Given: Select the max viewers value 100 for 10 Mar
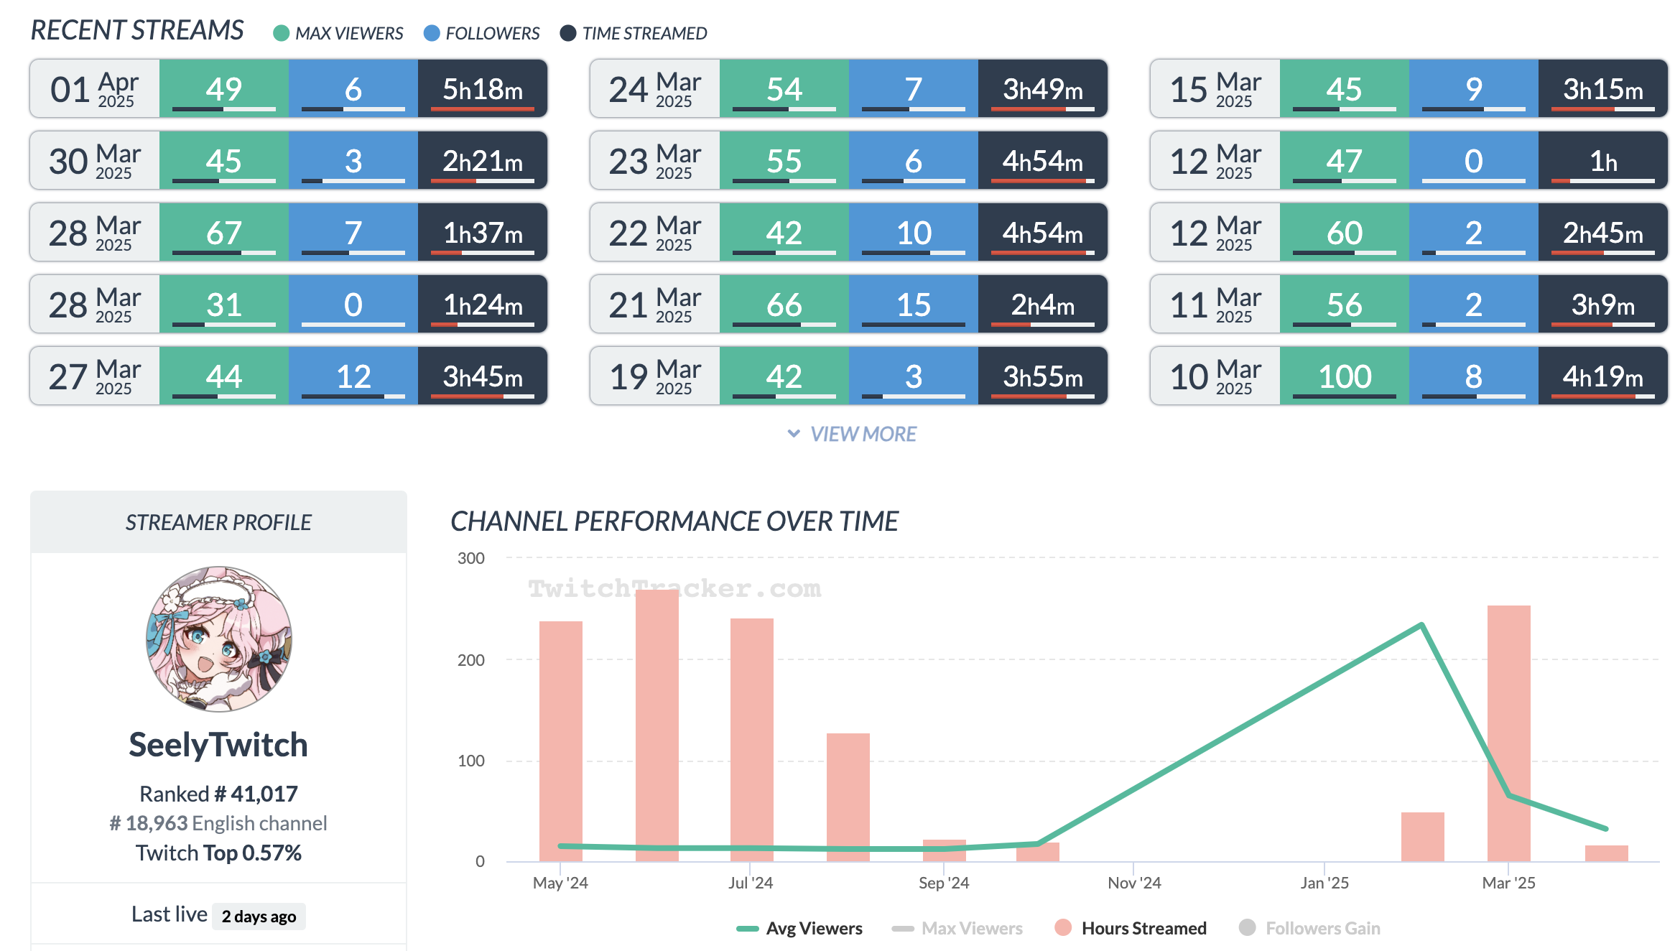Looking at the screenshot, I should (x=1344, y=376).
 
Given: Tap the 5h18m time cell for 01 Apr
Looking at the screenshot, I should (x=482, y=89).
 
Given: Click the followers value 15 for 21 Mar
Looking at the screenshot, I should (x=913, y=305).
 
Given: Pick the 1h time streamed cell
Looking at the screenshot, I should (x=1602, y=161).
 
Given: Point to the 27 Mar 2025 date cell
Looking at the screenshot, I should (x=94, y=376).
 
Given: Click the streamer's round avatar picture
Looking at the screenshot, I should (x=219, y=639).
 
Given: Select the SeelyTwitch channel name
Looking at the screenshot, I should (x=218, y=745).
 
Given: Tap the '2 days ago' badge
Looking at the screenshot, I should (x=259, y=917).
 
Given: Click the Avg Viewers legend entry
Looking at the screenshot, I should (x=799, y=928).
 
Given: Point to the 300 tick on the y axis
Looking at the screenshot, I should (x=471, y=558).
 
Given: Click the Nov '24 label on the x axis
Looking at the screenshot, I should (x=1134, y=883).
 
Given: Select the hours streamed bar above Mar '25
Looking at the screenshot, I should (x=1508, y=733).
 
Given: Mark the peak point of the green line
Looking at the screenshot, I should (x=1421, y=625).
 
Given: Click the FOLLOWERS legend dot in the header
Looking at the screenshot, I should (x=432, y=33).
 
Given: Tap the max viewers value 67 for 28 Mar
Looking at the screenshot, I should (x=223, y=233).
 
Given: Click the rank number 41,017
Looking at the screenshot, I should (x=264, y=794).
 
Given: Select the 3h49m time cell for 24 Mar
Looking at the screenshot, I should (x=1042, y=89).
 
